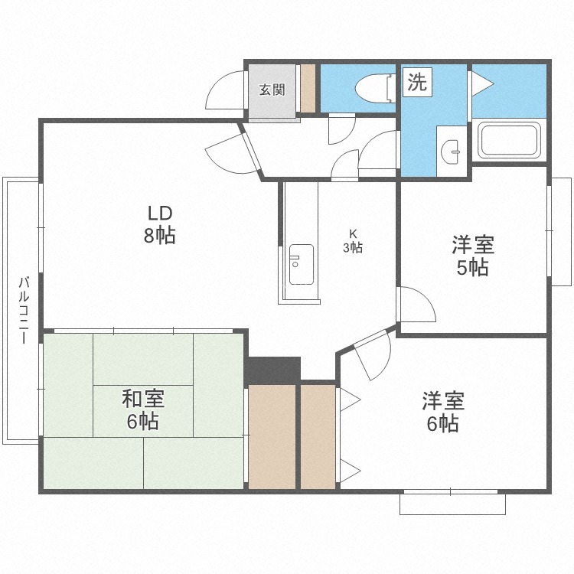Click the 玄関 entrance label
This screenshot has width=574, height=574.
tap(272, 90)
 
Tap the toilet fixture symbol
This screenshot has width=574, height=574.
tap(375, 88)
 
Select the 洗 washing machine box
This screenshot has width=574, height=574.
tap(417, 82)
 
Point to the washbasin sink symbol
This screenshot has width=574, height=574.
tap(451, 152)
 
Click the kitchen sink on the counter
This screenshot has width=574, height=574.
tap(302, 264)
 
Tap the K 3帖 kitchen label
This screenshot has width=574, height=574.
tap(353, 242)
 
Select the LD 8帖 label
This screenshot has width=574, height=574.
tap(160, 224)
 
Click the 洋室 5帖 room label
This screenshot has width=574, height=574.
tap(473, 256)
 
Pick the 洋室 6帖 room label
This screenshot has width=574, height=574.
tap(443, 412)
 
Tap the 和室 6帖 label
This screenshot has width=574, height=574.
tap(143, 409)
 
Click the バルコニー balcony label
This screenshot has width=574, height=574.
tap(24, 311)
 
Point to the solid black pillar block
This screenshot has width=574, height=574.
tap(272, 370)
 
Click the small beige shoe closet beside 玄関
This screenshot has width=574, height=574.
tap(308, 88)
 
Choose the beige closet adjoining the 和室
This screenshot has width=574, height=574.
tap(272, 436)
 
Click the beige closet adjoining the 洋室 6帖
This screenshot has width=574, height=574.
tap(318, 436)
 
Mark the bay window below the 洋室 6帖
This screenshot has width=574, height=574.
tap(452, 503)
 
